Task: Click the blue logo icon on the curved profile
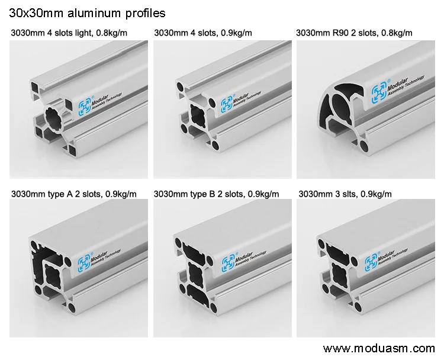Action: point(379,92)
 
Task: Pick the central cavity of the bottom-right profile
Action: point(339,272)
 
